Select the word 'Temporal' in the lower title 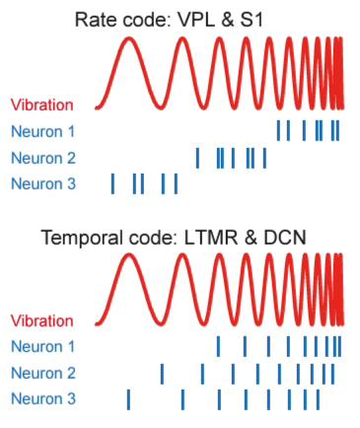click(82, 237)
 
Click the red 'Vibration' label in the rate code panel click(42, 105)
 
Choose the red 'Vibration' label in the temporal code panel click(42, 321)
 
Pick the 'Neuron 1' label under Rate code click(44, 131)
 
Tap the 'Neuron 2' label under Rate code click(44, 157)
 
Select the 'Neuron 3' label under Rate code click(44, 182)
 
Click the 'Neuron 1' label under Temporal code click(44, 346)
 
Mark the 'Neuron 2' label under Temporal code click(44, 373)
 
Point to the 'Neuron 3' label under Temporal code click(44, 398)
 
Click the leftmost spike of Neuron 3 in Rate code click(112, 183)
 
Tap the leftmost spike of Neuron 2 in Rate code click(197, 158)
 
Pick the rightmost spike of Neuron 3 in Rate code click(176, 183)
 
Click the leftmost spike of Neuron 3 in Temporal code click(128, 398)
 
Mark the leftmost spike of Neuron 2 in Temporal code click(162, 373)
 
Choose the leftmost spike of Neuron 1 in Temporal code click(218, 346)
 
